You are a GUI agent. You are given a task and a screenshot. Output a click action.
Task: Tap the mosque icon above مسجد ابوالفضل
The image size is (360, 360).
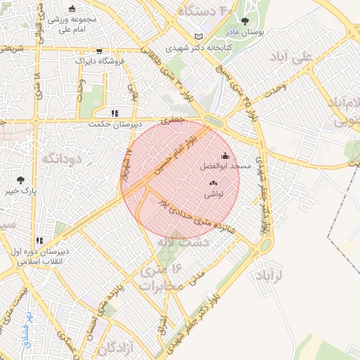[x=225, y=156]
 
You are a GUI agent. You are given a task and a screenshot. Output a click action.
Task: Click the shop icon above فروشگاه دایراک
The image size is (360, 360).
[x=99, y=51]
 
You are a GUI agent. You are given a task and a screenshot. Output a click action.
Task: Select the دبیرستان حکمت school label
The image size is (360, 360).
[x=115, y=124]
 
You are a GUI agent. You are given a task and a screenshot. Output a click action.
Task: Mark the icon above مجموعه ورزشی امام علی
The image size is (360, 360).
[x=72, y=8]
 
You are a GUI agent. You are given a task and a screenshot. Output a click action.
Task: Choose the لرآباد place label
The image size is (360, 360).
[x=270, y=274]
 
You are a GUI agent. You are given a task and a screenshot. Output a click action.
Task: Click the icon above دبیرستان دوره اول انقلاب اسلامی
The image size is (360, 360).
[x=40, y=240]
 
